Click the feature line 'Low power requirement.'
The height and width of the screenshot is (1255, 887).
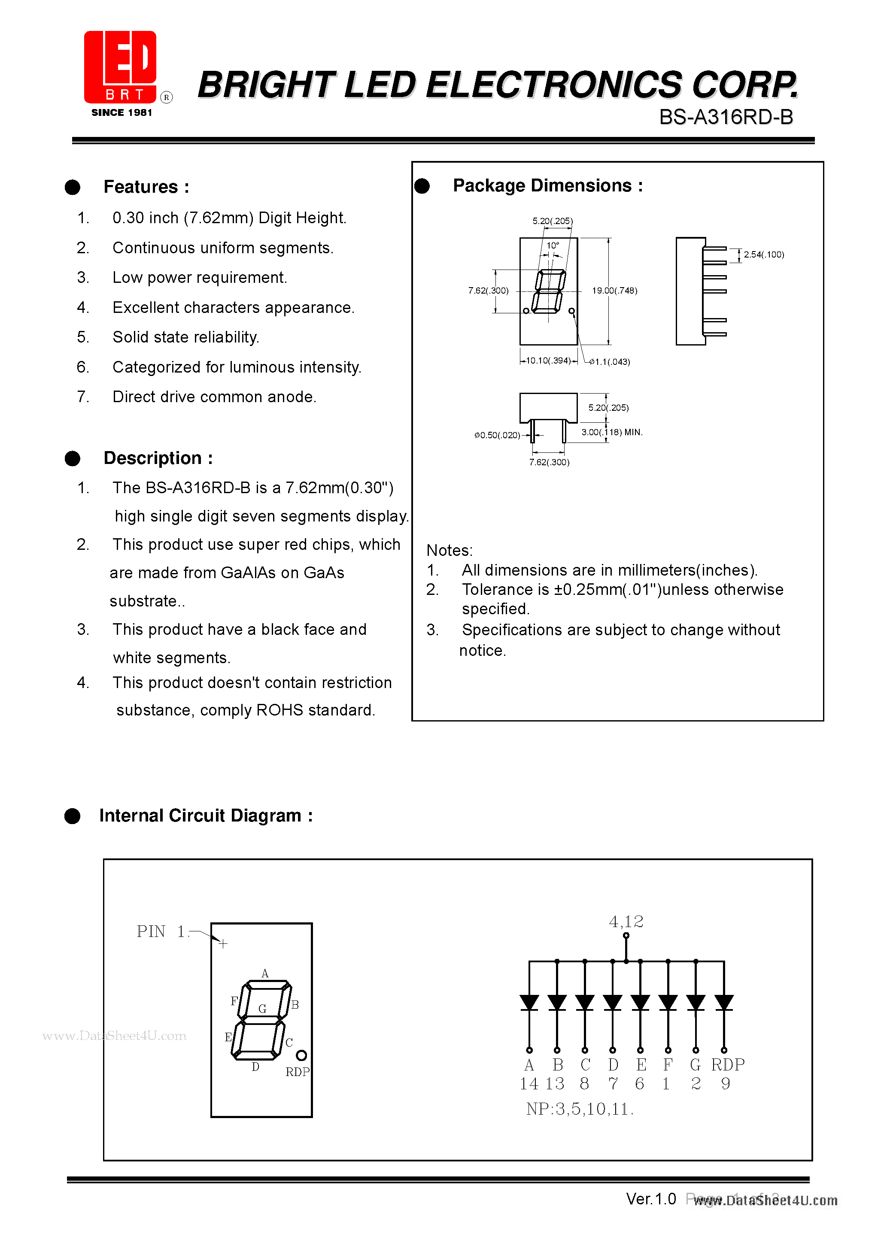pyautogui.click(x=199, y=278)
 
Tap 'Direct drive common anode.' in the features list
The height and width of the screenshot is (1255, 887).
pyautogui.click(x=214, y=397)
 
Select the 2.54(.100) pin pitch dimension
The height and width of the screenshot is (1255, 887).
pyautogui.click(x=763, y=255)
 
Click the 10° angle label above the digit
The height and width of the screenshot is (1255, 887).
pyautogui.click(x=553, y=246)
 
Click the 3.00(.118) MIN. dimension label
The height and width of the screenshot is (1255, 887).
pyautogui.click(x=611, y=432)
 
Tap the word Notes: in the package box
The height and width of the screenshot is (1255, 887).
pyautogui.click(x=449, y=550)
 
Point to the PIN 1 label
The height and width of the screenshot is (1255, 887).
pyautogui.click(x=160, y=931)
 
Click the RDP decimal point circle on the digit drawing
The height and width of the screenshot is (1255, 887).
pyautogui.click(x=301, y=1055)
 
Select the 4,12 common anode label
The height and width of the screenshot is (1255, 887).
pyautogui.click(x=626, y=922)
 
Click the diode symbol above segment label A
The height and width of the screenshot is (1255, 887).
pyautogui.click(x=529, y=1003)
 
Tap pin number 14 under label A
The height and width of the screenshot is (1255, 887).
pyautogui.click(x=529, y=1084)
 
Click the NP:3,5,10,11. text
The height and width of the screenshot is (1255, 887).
pyautogui.click(x=579, y=1109)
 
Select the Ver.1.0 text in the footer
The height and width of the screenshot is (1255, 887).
pyautogui.click(x=651, y=1199)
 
